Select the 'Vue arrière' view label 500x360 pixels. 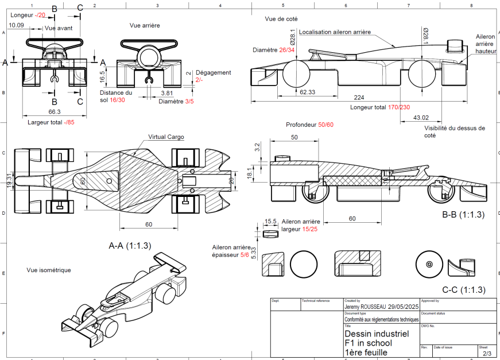tap(145, 25)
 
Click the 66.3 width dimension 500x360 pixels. tap(55, 111)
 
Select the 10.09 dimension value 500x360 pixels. tap(17, 25)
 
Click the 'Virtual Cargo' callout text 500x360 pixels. tap(166, 137)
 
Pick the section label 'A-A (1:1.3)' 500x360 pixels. tap(130, 245)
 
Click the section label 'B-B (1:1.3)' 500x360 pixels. tap(463, 215)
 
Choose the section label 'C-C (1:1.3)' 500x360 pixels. tap(464, 289)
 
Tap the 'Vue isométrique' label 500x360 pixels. tap(49, 270)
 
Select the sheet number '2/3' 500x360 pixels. tap(487, 353)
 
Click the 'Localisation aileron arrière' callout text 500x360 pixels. tap(335, 32)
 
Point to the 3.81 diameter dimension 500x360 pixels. tap(167, 92)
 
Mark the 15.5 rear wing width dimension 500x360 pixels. tap(271, 221)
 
